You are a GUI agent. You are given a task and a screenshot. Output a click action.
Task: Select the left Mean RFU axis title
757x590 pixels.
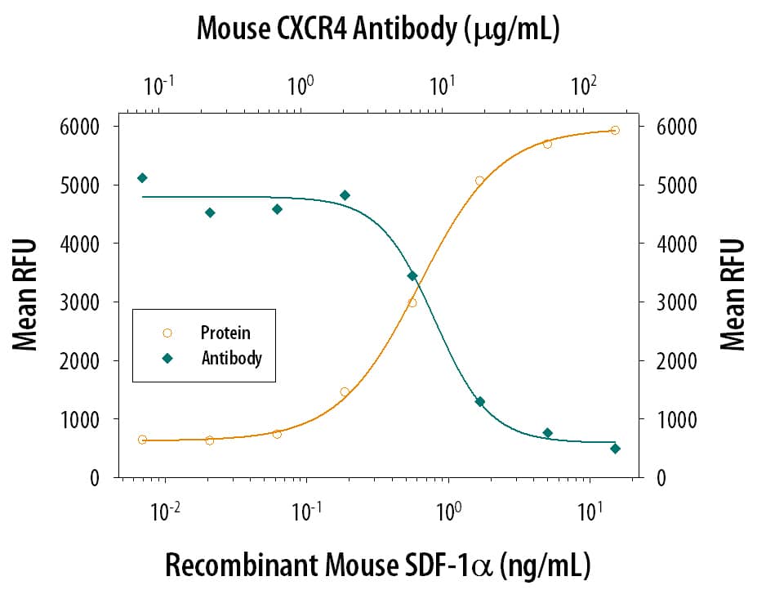(26, 295)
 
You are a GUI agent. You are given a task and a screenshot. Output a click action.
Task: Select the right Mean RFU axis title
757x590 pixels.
(733, 295)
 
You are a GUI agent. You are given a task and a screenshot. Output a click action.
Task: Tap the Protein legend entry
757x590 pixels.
(225, 333)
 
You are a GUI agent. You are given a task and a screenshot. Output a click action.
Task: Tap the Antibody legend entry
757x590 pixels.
(230, 358)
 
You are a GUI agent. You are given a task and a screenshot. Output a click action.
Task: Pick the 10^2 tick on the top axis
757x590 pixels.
(583, 85)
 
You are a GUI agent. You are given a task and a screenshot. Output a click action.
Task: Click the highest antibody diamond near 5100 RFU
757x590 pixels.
(142, 177)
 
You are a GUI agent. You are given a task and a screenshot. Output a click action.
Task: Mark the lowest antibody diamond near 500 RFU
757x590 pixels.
(615, 449)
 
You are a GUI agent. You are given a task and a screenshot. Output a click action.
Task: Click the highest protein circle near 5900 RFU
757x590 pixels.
(615, 130)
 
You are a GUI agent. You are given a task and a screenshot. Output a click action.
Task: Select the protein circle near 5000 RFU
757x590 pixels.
(479, 181)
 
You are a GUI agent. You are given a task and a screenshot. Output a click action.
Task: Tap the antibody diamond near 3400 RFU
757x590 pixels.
(412, 275)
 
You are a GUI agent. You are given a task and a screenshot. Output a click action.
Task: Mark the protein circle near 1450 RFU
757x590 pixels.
(345, 391)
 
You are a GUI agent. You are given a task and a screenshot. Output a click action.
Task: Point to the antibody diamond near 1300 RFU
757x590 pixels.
(480, 401)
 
